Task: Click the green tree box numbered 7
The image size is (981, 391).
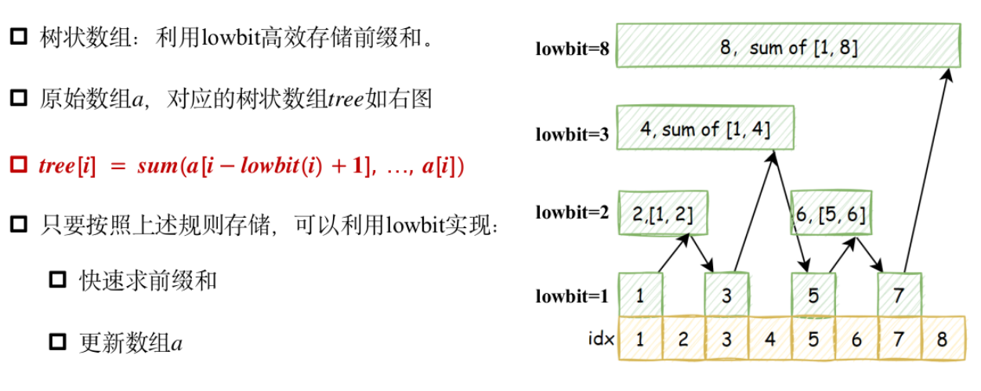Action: [x=900, y=295]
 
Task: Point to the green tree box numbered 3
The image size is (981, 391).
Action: [x=726, y=295]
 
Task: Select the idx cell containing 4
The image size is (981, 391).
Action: [x=769, y=339]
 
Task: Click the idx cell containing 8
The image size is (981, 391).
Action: [x=942, y=339]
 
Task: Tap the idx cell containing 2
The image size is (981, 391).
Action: [x=683, y=339]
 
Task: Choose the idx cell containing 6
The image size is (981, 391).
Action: [x=856, y=339]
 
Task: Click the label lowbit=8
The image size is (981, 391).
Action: [x=572, y=49]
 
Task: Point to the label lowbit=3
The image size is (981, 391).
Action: [x=572, y=134]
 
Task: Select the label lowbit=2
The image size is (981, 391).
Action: [x=572, y=212]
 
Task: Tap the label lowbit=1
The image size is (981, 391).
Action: [x=572, y=296]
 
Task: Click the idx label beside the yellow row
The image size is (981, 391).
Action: [x=599, y=339]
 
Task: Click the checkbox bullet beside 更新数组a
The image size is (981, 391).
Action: [x=57, y=342]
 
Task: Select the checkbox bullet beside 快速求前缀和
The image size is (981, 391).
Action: [x=57, y=281]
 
